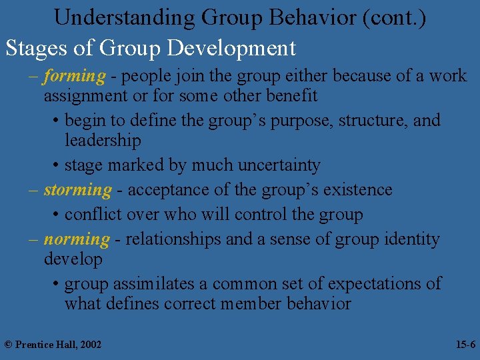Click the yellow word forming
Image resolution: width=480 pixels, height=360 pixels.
pyautogui.click(x=75, y=77)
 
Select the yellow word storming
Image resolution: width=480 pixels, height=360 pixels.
pyautogui.click(x=77, y=190)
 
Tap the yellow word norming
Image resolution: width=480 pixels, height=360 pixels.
pyautogui.click(x=76, y=239)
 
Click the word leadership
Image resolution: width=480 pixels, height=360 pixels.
pyautogui.click(x=103, y=141)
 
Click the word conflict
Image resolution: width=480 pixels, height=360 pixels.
pyautogui.click(x=96, y=215)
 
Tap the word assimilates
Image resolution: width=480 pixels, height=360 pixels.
pyautogui.click(x=157, y=283)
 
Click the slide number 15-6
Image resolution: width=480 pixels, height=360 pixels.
pyautogui.click(x=465, y=345)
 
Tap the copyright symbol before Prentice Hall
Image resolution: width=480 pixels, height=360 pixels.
pyautogui.click(x=8, y=345)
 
